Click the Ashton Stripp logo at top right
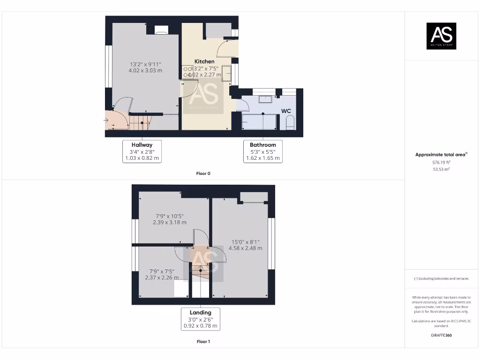[x=441, y=36]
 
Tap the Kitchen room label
[x=204, y=61]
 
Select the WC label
[x=286, y=111]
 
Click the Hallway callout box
[x=142, y=151]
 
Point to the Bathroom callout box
[x=262, y=151]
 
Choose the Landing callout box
[x=200, y=319]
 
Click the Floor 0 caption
[x=203, y=173]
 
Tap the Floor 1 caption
[x=203, y=342]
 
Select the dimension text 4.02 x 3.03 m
[x=145, y=71]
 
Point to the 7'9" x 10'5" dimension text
[x=169, y=216]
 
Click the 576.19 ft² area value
[x=441, y=162]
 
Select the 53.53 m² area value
[x=441, y=169]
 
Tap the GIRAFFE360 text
[x=441, y=335]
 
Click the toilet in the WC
[x=289, y=123]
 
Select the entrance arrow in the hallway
[x=106, y=121]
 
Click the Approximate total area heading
[x=441, y=155]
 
